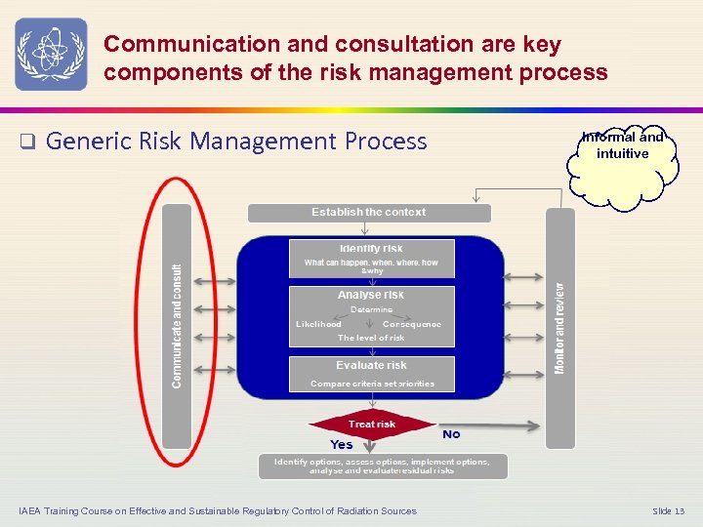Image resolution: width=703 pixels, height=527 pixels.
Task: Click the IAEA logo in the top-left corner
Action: point(51,54)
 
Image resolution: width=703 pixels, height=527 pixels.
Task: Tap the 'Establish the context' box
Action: point(369,213)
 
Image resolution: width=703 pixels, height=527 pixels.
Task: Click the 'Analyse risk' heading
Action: point(371,295)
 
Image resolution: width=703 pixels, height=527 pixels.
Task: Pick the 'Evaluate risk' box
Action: point(371,373)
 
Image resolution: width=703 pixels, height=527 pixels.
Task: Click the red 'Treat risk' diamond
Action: point(372,425)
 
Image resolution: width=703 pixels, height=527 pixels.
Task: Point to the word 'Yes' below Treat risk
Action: point(342,445)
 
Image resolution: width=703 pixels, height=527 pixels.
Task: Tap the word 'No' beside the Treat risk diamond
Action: point(451,434)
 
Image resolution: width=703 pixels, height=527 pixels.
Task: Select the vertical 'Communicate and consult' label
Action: point(177,325)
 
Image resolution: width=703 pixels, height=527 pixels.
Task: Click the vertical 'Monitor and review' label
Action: point(559,327)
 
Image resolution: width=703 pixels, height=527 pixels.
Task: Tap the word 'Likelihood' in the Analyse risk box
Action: point(318,324)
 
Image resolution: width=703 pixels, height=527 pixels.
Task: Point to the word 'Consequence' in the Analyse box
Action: point(412,324)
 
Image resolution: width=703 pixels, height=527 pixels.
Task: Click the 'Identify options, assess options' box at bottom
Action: point(383,466)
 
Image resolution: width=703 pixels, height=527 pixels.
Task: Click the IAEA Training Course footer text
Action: point(217,511)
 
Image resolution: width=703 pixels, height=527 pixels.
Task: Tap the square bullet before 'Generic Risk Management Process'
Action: point(28,142)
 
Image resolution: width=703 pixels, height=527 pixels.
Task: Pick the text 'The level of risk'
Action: point(371,338)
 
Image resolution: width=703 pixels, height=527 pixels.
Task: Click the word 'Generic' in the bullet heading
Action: point(82,142)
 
